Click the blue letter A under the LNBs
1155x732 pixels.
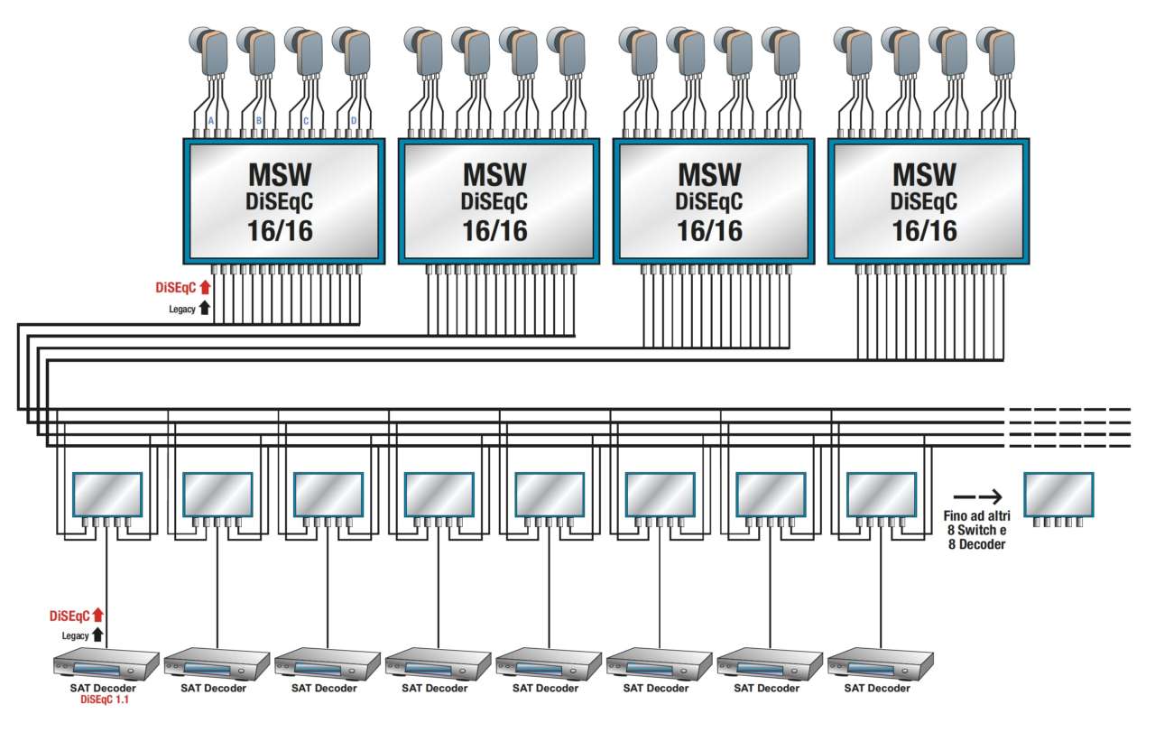pos(211,120)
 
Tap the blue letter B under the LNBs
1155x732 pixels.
pos(259,120)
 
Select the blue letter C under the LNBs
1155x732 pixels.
pos(307,120)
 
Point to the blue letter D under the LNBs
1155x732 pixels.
pos(354,120)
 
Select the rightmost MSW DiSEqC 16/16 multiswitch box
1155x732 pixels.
pos(924,200)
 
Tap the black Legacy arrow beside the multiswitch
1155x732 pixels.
pos(205,308)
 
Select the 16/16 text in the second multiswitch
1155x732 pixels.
pos(495,231)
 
